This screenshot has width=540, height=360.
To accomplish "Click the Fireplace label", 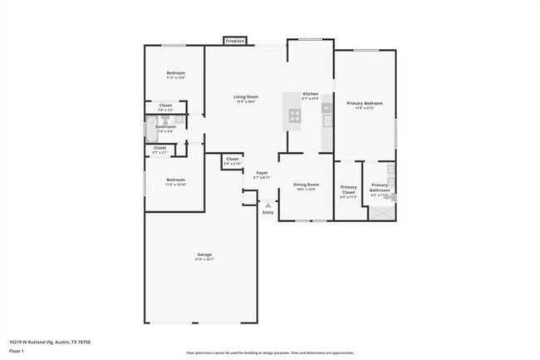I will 235,40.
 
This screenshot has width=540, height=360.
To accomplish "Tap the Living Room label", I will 245,97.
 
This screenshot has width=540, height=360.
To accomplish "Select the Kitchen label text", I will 311,94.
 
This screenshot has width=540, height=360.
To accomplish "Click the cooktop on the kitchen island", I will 294,116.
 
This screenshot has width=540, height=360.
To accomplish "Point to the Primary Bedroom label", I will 365,103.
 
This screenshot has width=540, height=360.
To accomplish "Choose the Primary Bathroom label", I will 380,188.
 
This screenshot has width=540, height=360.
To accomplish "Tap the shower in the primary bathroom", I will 383,212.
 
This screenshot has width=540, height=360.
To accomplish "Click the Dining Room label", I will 307,185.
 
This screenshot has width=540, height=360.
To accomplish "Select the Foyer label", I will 262,173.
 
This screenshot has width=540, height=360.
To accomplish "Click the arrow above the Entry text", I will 268,203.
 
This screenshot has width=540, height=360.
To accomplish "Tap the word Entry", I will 268,213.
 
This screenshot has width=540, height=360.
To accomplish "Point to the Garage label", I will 204,254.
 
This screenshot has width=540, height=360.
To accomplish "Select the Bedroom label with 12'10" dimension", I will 175,180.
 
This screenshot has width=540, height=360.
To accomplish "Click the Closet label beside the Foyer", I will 233,159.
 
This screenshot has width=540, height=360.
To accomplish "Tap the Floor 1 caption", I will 17,351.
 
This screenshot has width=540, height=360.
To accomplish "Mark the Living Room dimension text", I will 245,102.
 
